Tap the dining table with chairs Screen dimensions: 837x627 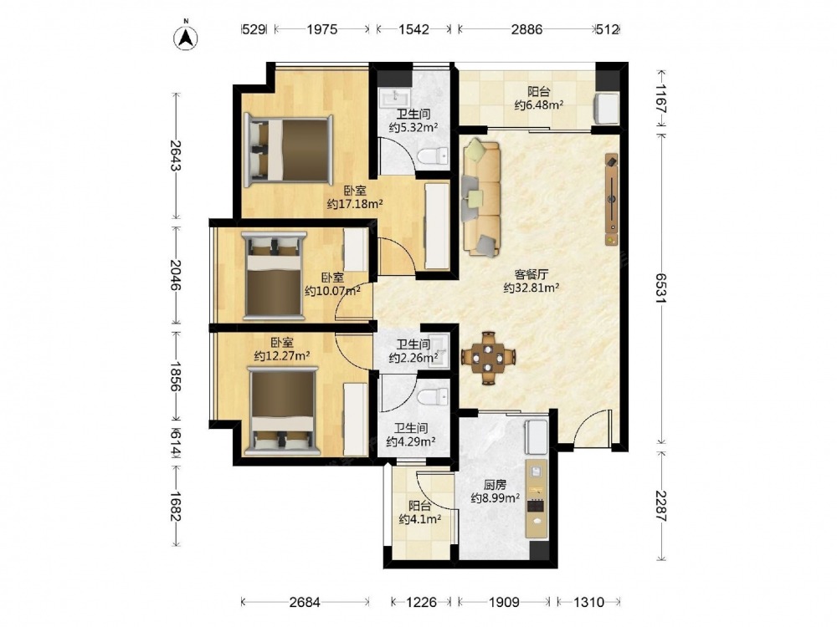[489, 358]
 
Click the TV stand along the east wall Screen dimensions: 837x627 [611, 200]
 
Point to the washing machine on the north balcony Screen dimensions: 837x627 [607, 108]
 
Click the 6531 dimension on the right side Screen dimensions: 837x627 [662, 288]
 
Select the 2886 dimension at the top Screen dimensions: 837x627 [526, 29]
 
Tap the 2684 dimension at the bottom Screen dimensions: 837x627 [305, 602]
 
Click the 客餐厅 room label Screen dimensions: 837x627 [531, 274]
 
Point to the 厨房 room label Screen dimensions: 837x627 [495, 485]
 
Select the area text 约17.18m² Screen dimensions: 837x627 [354, 204]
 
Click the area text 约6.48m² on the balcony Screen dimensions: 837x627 [538, 105]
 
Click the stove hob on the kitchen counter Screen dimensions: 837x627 [536, 504]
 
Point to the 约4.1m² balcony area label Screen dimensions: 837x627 [419, 519]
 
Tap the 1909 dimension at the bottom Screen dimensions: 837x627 [504, 602]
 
